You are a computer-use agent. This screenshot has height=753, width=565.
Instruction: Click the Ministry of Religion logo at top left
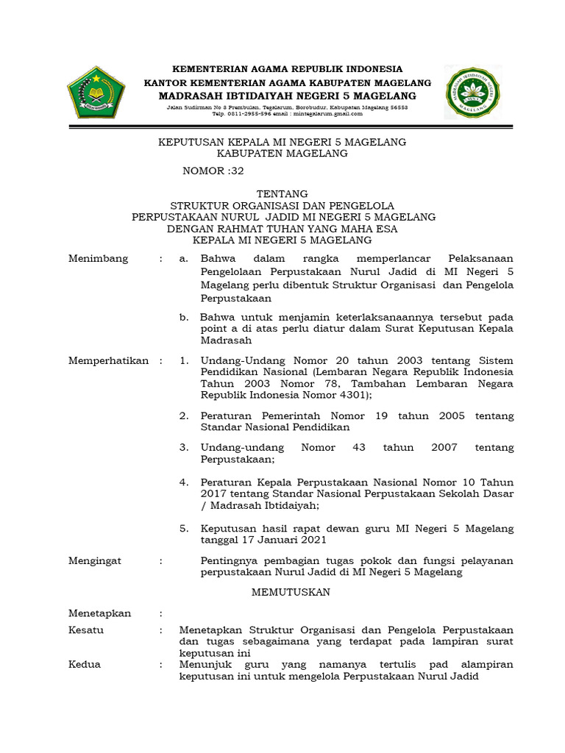pyautogui.click(x=96, y=92)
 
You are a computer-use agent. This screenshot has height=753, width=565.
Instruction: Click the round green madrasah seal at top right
pyautogui.click(x=474, y=92)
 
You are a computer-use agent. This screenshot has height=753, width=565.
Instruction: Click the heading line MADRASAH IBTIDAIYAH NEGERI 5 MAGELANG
pyautogui.click(x=288, y=96)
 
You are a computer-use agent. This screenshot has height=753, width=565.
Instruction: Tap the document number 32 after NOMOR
pyautogui.click(x=236, y=171)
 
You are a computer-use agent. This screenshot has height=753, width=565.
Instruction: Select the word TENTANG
pyautogui.click(x=282, y=193)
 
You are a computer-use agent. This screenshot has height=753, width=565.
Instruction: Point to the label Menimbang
pyautogui.click(x=98, y=258)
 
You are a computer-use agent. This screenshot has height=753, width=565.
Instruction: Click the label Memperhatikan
pyautogui.click(x=108, y=360)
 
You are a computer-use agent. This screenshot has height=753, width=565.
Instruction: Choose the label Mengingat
pyautogui.click(x=95, y=560)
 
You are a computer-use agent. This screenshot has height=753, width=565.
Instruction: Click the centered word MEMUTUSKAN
pyautogui.click(x=291, y=592)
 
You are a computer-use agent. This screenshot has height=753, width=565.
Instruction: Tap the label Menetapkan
pyautogui.click(x=99, y=613)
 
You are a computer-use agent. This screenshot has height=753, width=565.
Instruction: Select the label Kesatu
pyautogui.click(x=86, y=630)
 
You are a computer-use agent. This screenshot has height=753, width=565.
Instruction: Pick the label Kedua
pyautogui.click(x=84, y=664)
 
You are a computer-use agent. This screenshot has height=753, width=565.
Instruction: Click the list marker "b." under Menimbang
pyautogui.click(x=184, y=317)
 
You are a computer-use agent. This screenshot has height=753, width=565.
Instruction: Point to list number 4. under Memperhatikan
pyautogui.click(x=184, y=482)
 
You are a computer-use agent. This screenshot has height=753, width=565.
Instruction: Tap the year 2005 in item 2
pyautogui.click(x=452, y=415)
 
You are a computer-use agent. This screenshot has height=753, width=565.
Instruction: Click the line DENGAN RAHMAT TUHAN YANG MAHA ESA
pyautogui.click(x=283, y=228)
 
